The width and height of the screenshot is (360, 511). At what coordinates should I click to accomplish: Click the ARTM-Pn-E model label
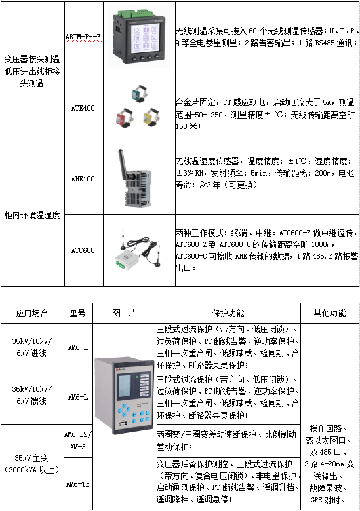tap(83, 37)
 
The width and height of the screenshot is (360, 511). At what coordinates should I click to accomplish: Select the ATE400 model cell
tap(83, 108)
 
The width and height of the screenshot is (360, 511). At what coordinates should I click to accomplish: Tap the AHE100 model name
tap(83, 179)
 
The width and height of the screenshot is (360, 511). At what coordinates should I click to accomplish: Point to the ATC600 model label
tap(83, 250)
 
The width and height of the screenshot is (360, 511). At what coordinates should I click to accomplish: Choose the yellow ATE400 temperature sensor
tap(151, 117)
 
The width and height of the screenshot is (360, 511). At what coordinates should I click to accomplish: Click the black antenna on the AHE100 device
tap(123, 164)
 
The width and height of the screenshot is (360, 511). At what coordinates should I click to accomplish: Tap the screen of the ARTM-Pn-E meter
tap(146, 38)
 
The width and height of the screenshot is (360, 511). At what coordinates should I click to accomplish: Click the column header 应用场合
tap(32, 313)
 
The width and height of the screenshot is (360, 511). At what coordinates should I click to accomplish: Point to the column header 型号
tap(78, 313)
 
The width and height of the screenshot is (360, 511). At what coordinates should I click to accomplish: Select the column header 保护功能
tap(228, 313)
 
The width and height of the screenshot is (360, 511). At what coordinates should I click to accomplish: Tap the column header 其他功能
tap(330, 313)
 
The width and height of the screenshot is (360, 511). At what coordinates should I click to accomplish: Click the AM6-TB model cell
tap(78, 484)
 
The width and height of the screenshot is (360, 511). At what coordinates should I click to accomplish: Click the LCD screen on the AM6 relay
tap(124, 386)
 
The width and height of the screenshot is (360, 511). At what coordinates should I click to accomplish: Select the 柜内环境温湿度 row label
tap(32, 215)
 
